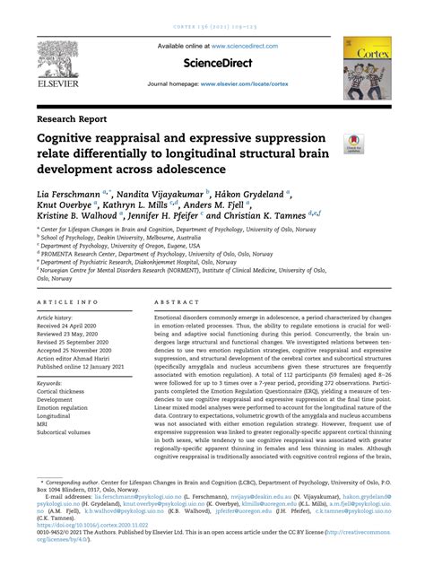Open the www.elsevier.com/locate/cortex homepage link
coord(258,84)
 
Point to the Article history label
coord(59,318)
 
